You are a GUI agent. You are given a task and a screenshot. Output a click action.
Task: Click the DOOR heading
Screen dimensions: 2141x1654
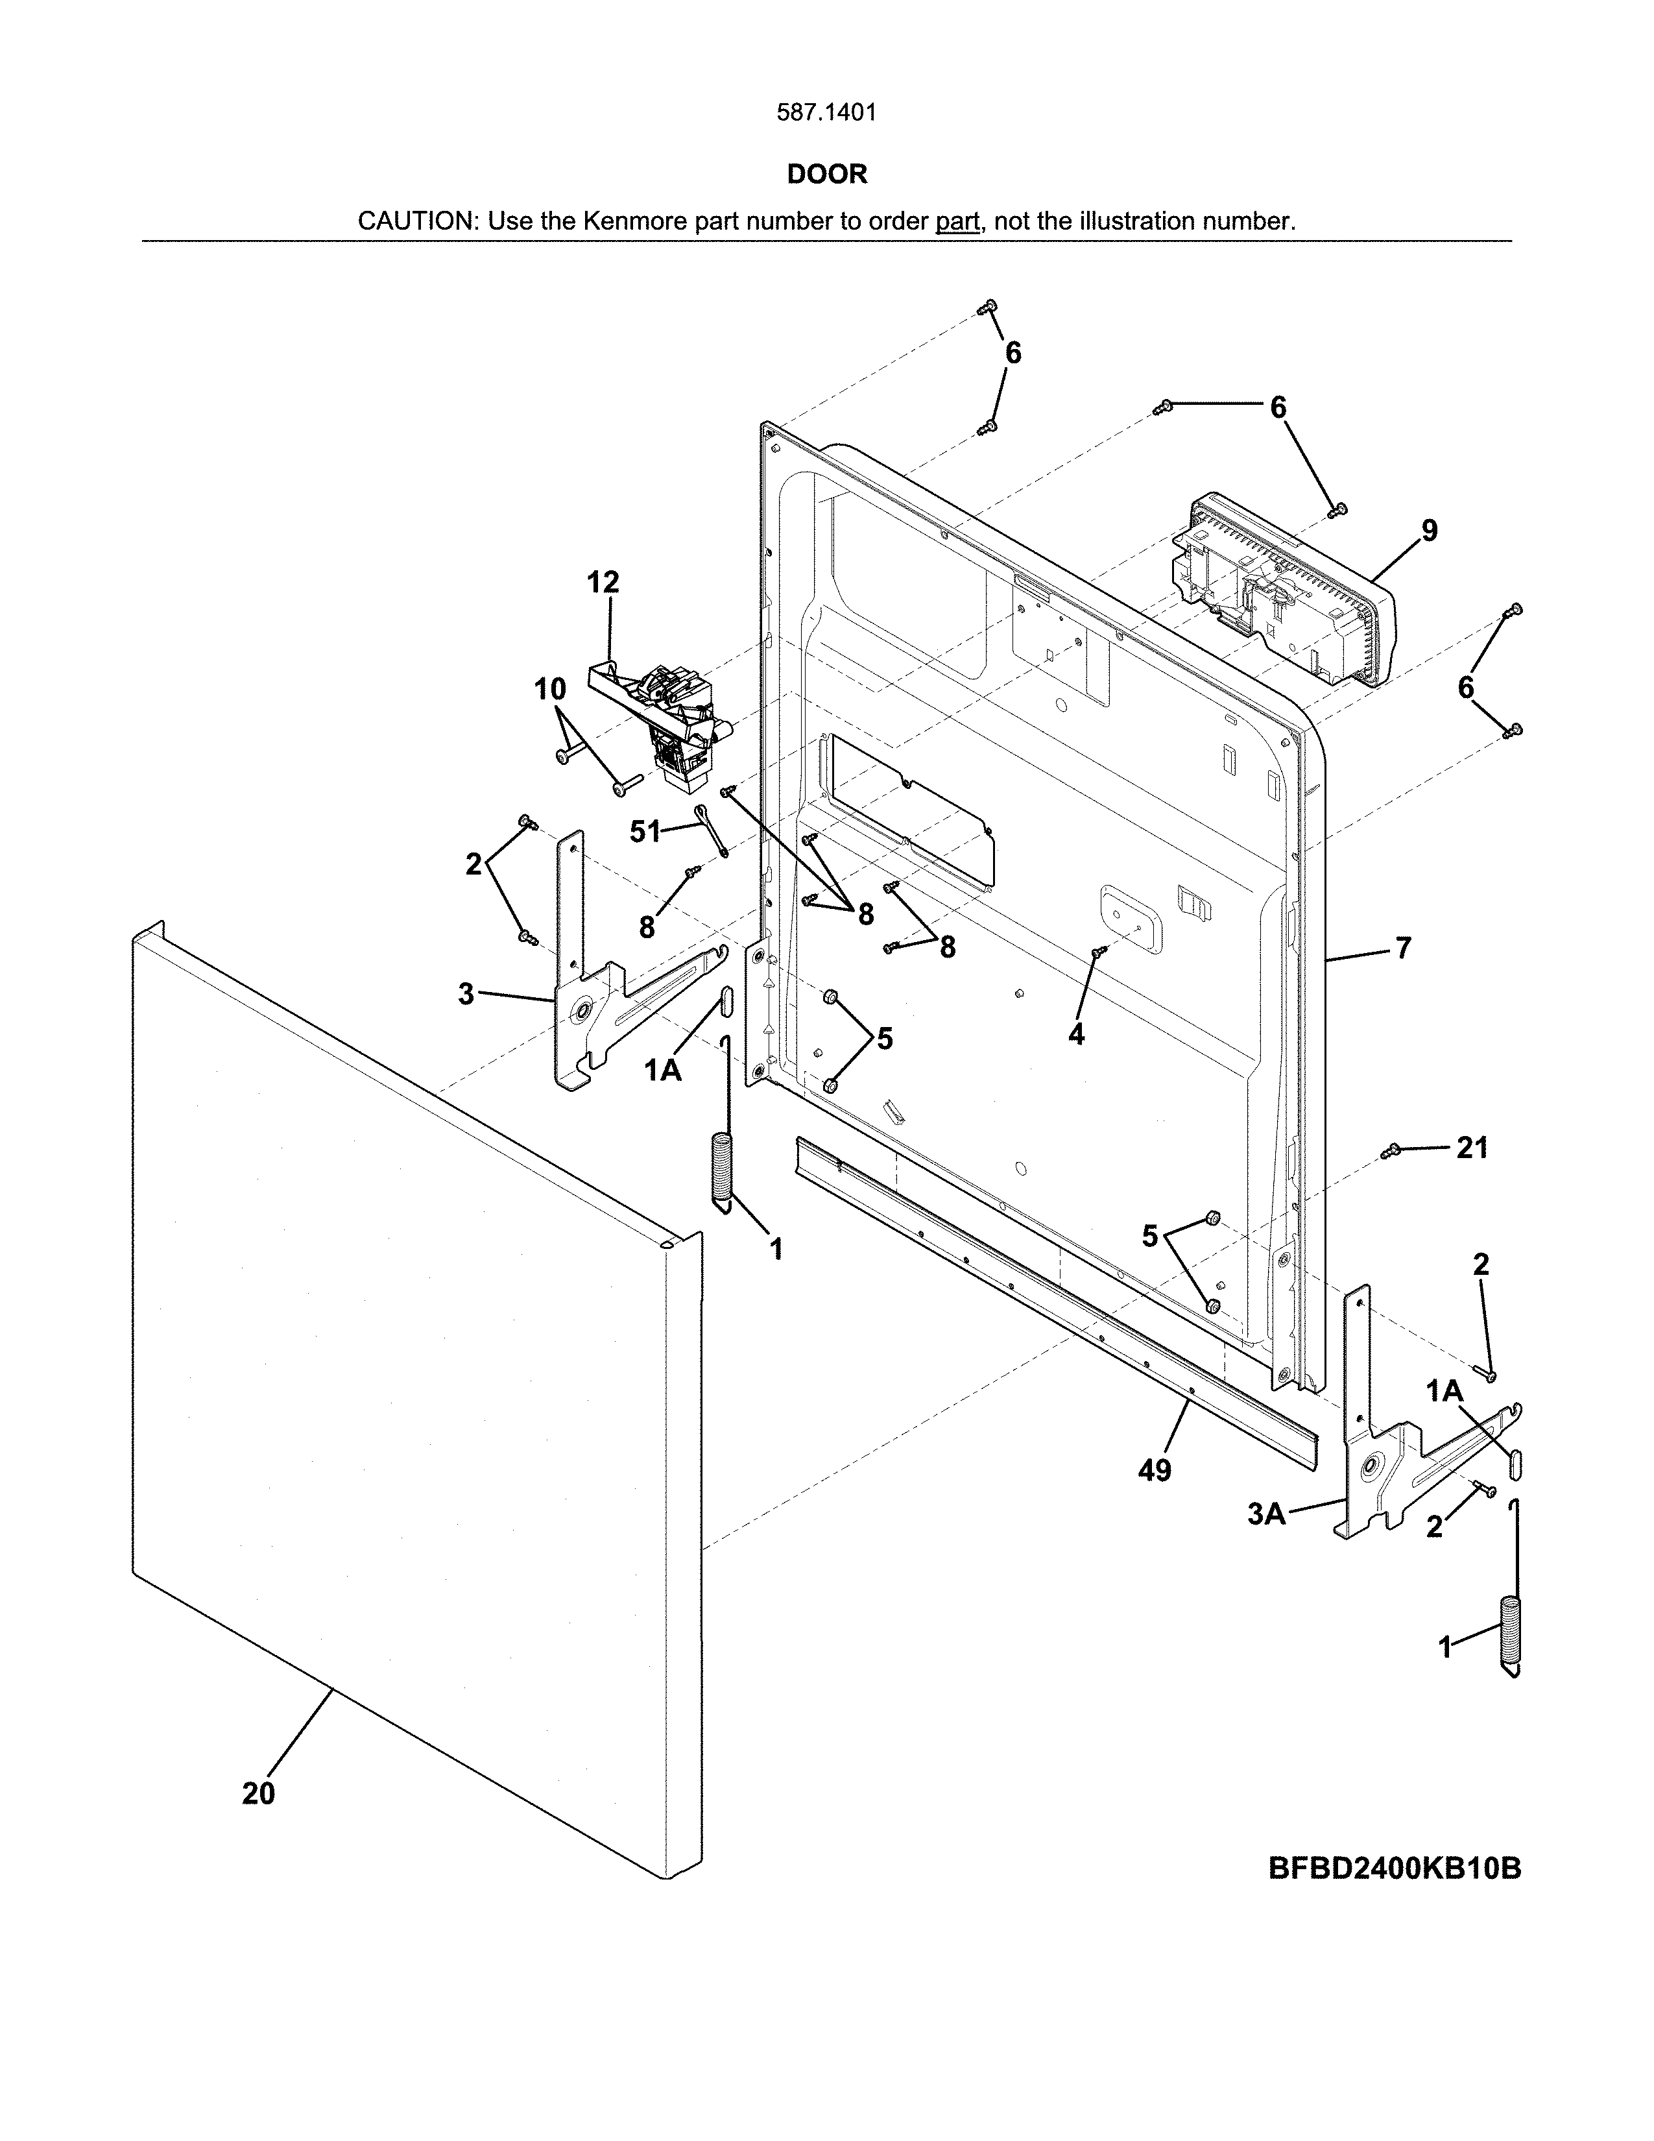tap(827, 175)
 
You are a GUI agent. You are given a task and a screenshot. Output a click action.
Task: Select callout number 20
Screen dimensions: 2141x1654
tap(259, 1793)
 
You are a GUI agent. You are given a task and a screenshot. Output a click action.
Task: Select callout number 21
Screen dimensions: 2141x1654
tap(1472, 1147)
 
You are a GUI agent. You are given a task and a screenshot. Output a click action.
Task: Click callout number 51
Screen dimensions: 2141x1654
tap(645, 832)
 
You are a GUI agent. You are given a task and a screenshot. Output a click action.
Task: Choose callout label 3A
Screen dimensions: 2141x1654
tap(1266, 1514)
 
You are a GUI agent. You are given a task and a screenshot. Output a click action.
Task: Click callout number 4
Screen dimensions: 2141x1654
tap(1076, 1034)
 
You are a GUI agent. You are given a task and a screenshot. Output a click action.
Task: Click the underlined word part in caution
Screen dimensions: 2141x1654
tap(957, 221)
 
